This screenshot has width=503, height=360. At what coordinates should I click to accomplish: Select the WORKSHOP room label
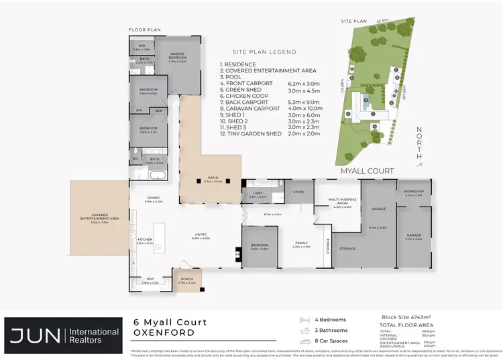coord(414,193)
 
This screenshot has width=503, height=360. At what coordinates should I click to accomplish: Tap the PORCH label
coord(186,281)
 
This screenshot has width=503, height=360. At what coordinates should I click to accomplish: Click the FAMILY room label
coord(301,245)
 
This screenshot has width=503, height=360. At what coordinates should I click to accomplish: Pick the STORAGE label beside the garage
coord(347,249)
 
